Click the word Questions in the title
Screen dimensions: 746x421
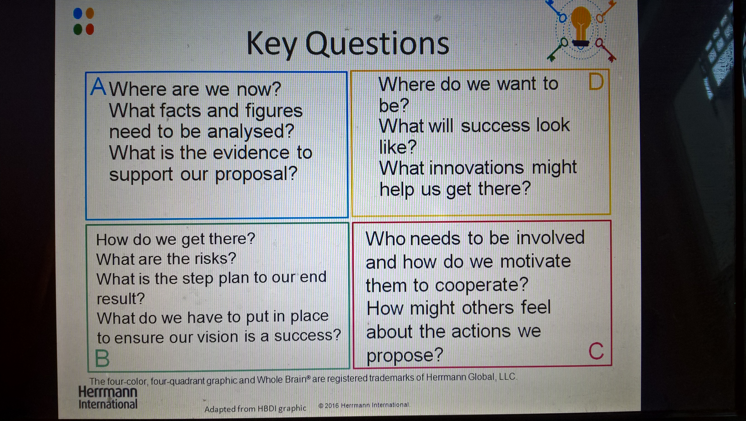(377, 44)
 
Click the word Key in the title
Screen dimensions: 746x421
(272, 46)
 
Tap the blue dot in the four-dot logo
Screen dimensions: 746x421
(78, 13)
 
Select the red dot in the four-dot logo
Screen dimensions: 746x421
(90, 29)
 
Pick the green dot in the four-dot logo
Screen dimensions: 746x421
(78, 29)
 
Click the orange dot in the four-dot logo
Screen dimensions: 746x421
(90, 13)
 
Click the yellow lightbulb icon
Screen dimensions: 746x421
(580, 26)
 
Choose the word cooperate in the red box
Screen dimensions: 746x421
(482, 285)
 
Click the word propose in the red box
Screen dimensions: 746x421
(405, 355)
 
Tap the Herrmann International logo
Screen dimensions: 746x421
(108, 397)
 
